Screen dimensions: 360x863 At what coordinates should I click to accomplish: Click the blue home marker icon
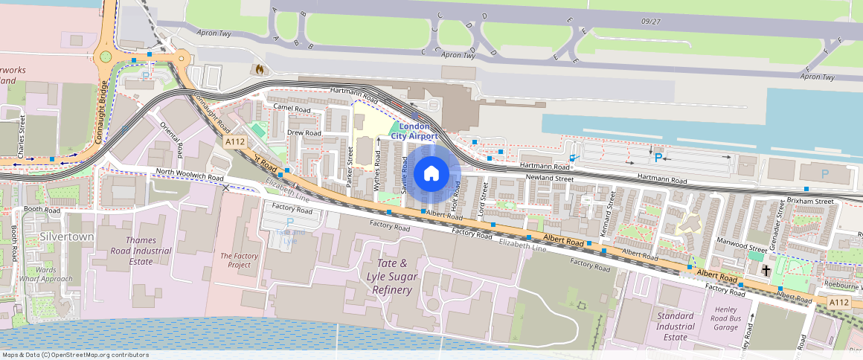pos(431,174)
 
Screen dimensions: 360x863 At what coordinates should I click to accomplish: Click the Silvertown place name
pos(66,237)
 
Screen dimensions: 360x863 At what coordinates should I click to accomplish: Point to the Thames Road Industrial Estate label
pos(141,251)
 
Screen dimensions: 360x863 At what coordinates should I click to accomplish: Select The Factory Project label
pos(240,260)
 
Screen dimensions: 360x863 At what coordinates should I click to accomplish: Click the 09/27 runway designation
pos(649,21)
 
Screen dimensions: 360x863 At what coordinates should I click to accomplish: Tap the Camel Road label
pos(292,109)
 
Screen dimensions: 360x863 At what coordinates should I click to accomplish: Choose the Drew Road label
pos(304,133)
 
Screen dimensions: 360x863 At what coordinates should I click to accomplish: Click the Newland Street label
pos(549,178)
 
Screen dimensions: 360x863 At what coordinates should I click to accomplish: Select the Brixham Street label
pos(810,202)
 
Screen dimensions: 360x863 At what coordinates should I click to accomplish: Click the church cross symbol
pos(766,271)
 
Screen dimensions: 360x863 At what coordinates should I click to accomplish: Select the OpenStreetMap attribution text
pos(75,355)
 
